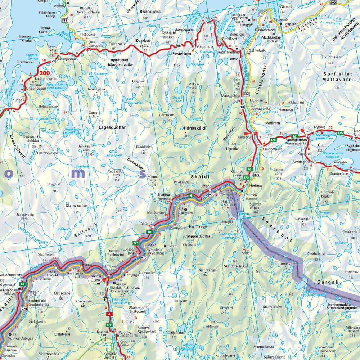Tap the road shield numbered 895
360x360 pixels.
point(256,175)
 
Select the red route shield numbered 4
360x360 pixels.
point(108,314)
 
